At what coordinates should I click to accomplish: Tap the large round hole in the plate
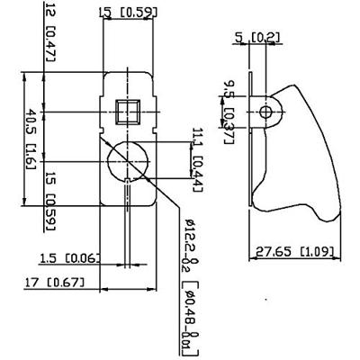[x=128, y=162]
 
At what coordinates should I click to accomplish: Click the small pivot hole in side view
[x=265, y=112]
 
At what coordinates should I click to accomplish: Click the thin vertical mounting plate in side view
[x=254, y=153]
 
